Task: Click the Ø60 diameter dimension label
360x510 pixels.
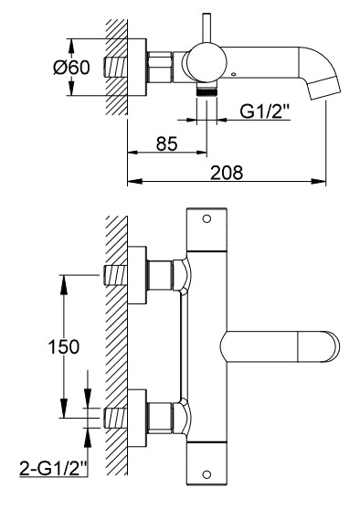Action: point(71,68)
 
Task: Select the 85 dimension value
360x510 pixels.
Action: point(167,143)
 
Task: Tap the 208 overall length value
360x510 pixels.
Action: point(227,173)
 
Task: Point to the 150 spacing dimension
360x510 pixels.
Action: point(64,346)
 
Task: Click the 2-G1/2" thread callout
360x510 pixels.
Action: point(54,468)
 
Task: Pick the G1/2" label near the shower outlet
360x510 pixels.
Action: point(264,112)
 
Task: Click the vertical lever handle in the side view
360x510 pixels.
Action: point(206,28)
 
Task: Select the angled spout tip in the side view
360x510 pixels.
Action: point(324,87)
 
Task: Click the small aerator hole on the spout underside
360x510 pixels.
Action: point(233,74)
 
